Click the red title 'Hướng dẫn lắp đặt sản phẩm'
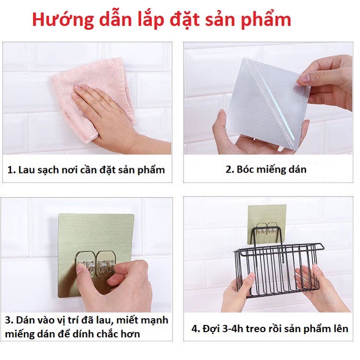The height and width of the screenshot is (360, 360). [x=161, y=20]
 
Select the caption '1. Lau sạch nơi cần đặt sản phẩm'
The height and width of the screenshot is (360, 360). [x=87, y=170]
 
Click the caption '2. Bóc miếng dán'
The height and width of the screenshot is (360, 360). [x=266, y=169]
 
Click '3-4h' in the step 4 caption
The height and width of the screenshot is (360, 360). [x=235, y=329]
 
